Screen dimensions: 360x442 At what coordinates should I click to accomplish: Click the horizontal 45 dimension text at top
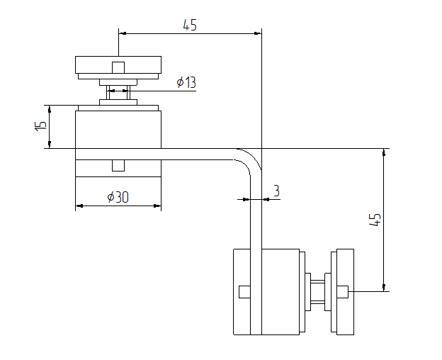point(190,25)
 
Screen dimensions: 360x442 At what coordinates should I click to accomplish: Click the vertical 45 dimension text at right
point(376,219)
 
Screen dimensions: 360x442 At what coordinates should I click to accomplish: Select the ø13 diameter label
point(186,82)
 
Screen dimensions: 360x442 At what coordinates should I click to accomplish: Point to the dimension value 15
point(41,126)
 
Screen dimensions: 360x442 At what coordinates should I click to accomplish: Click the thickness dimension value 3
point(276,191)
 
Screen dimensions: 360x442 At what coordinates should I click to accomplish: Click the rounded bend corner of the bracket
point(248,160)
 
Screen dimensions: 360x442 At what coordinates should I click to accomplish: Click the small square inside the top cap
point(118,67)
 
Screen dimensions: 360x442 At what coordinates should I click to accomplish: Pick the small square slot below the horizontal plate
point(118,166)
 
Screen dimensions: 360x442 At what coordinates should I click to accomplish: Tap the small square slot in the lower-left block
point(244,291)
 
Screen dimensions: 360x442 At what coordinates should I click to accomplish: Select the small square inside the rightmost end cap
point(343,291)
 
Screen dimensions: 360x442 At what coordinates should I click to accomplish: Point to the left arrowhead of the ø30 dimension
point(79,206)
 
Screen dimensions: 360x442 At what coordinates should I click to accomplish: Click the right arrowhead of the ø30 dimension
point(158,206)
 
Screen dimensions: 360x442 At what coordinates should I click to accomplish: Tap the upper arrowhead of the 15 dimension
point(49,108)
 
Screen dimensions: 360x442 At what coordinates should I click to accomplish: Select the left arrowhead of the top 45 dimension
point(122,33)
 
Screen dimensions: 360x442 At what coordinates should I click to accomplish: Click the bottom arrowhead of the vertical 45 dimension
point(384,287)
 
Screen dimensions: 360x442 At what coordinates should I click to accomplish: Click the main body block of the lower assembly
point(280,291)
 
